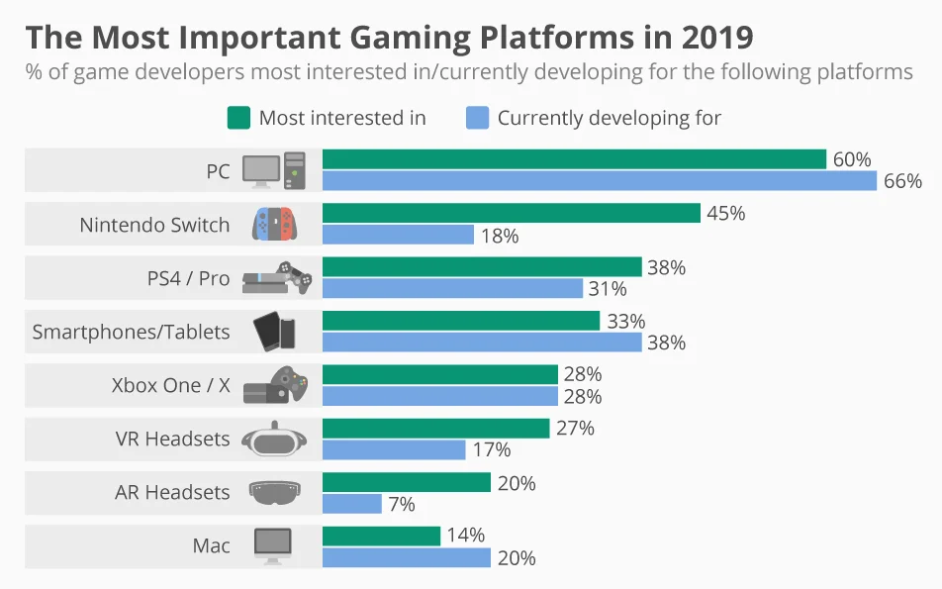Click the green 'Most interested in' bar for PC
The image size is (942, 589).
click(574, 159)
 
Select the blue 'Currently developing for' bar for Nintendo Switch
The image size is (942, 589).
click(398, 235)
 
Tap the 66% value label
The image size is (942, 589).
click(903, 181)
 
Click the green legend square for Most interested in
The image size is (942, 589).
click(238, 118)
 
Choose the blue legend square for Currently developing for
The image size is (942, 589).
click(477, 118)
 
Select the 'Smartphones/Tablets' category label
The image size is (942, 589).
click(131, 332)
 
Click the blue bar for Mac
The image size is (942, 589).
click(406, 557)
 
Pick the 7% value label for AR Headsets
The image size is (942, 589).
click(401, 504)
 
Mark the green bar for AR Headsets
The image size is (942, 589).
click(406, 482)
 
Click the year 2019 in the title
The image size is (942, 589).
click(717, 37)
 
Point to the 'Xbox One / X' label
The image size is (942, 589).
click(170, 385)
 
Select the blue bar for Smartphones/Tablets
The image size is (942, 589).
click(482, 343)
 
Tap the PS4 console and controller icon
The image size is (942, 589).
click(276, 278)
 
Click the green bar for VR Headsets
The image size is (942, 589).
click(435, 428)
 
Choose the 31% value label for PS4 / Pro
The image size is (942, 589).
click(608, 289)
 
